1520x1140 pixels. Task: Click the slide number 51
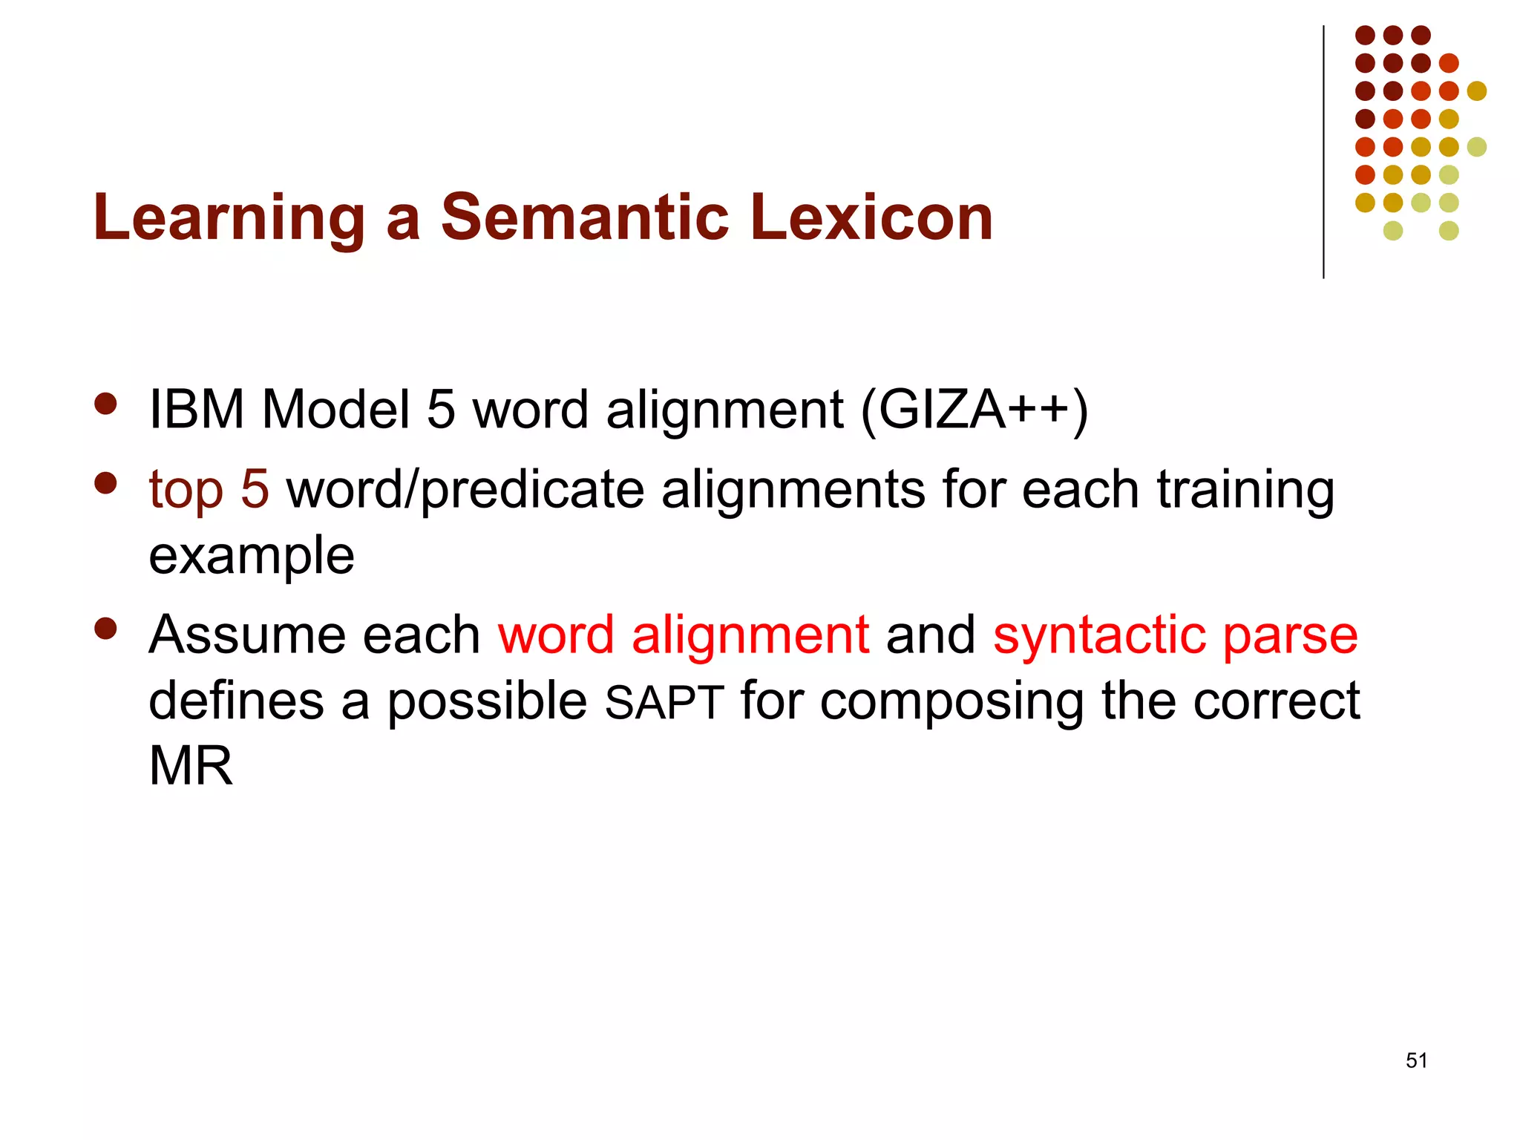[1416, 1061]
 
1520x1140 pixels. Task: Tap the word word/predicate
[465, 491]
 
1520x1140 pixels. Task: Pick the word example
[252, 556]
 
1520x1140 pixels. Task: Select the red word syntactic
[1098, 635]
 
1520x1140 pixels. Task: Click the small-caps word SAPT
[664, 702]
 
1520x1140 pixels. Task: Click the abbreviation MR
[191, 766]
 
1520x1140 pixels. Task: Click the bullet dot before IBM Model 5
[106, 404]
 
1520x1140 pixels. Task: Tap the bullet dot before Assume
[106, 629]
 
